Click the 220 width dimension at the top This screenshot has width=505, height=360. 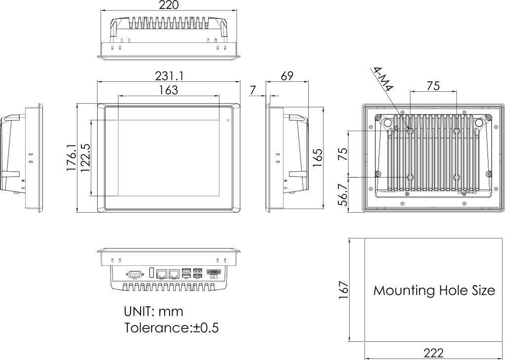pyautogui.click(x=169, y=5)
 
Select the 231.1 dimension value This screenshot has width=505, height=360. pyautogui.click(x=169, y=76)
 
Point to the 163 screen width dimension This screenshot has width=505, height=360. pyautogui.click(x=169, y=90)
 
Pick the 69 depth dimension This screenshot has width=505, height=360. pyautogui.click(x=287, y=76)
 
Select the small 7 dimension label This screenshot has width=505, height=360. pyautogui.click(x=253, y=90)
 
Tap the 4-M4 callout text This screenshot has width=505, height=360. pyautogui.click(x=383, y=79)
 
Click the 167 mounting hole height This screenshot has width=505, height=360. pyautogui.click(x=344, y=290)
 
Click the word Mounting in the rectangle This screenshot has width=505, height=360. pyautogui.click(x=400, y=290)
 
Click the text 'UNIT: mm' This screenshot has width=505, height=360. pyautogui.click(x=153, y=312)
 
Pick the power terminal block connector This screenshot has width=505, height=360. pyautogui.click(x=215, y=272)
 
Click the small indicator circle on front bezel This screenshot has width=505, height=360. pyautogui.click(x=228, y=120)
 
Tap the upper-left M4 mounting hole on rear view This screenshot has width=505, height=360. pyautogui.click(x=410, y=131)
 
